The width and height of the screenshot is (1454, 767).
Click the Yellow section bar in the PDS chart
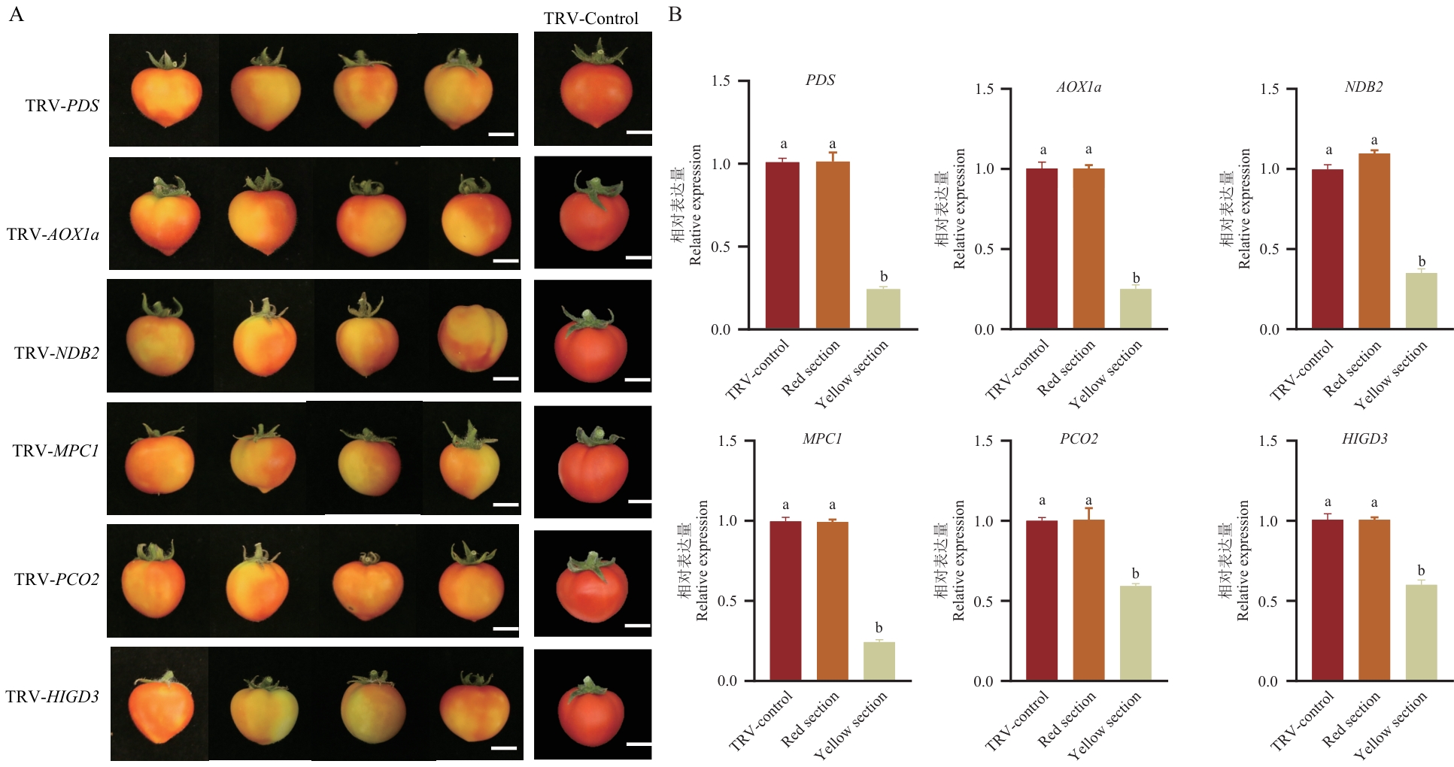coord(883,309)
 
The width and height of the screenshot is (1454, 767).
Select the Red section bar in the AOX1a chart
coord(1088,249)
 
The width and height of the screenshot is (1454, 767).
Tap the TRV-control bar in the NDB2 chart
coord(1328,249)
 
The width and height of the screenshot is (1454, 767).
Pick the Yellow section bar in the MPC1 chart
coord(879,661)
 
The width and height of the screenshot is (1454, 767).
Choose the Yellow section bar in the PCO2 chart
coord(1135,633)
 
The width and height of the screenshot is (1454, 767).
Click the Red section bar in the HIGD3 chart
coord(1374,600)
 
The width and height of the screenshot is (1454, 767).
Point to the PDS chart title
coord(820,80)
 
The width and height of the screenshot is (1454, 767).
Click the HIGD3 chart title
coord(1364,439)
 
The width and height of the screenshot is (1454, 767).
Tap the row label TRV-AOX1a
coord(53,235)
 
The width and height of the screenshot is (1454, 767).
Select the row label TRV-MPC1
coord(56,451)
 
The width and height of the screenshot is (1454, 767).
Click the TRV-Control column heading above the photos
coord(590,19)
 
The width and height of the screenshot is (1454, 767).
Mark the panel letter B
coord(675,14)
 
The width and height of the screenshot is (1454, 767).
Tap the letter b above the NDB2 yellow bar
coord(1422,262)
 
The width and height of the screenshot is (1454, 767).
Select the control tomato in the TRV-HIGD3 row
coord(591,711)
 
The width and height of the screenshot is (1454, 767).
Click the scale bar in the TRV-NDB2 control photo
coord(637,380)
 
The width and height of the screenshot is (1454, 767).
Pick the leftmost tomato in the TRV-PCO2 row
coord(153,581)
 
